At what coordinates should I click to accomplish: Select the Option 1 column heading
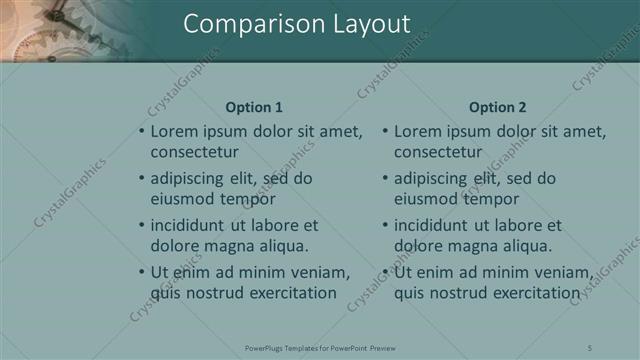click(x=254, y=107)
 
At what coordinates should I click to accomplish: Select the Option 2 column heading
click(x=497, y=107)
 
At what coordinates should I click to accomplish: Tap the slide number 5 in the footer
click(x=591, y=347)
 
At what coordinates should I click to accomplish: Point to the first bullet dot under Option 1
click(x=141, y=131)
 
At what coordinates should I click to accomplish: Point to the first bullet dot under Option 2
click(x=385, y=131)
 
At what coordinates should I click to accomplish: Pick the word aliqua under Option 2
click(x=524, y=245)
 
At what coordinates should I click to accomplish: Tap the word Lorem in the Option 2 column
click(x=416, y=131)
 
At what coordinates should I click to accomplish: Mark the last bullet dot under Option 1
click(x=141, y=272)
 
